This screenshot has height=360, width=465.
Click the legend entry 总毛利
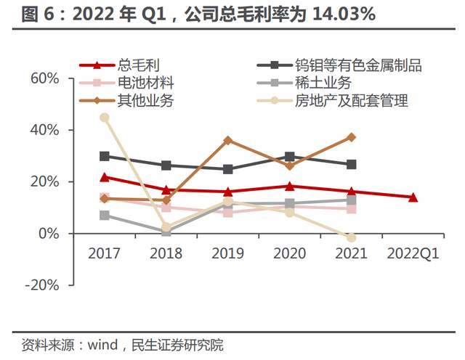click(x=132, y=65)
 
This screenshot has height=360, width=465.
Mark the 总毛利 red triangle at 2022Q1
click(x=413, y=197)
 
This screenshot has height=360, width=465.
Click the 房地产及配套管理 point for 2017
click(x=105, y=118)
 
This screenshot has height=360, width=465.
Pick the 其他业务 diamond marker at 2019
click(x=228, y=140)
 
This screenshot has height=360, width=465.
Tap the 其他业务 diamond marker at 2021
click(x=352, y=137)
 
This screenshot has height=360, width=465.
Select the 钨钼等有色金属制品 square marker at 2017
click(x=105, y=156)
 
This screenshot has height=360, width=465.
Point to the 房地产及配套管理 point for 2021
click(x=352, y=237)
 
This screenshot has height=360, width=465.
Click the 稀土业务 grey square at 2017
click(x=105, y=216)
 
